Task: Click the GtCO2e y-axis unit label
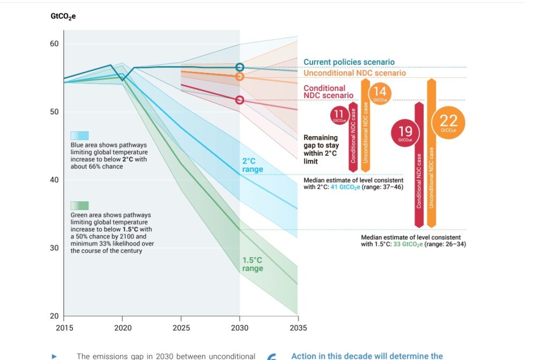pos(63,16)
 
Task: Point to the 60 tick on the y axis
pos(54,44)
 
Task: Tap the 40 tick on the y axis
pos(54,180)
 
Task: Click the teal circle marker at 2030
pos(240,67)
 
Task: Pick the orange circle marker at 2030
pos(240,77)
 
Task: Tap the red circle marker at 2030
pos(240,100)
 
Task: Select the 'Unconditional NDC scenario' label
pos(354,73)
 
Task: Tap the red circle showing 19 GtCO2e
pos(405,132)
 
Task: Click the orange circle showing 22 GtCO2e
pos(448,123)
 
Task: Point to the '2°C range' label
pos(253,165)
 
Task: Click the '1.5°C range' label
pos(253,264)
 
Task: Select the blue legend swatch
pos(79,136)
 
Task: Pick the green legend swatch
pos(79,205)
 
